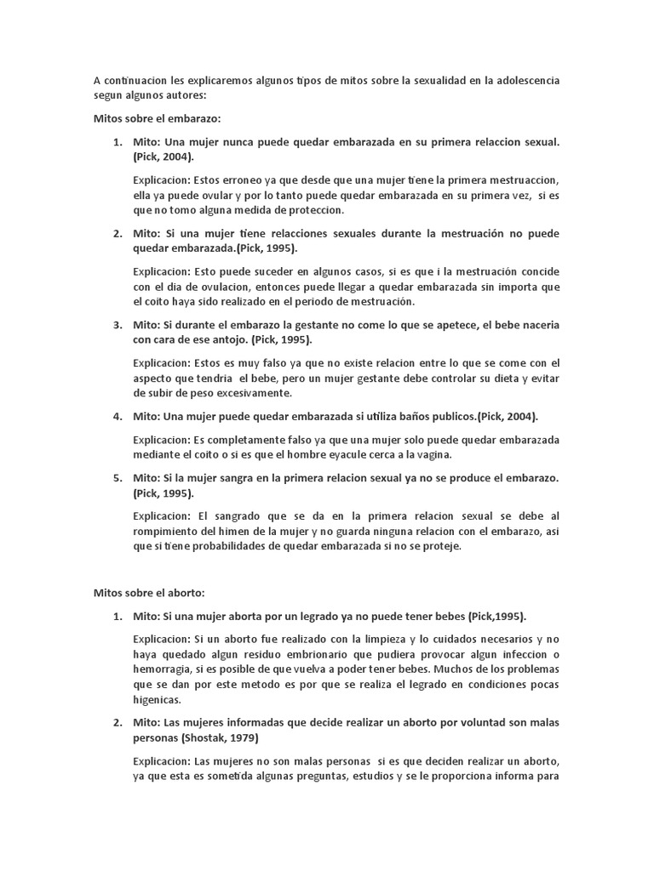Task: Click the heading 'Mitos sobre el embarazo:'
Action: (158, 119)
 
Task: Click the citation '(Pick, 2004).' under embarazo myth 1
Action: (163, 157)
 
